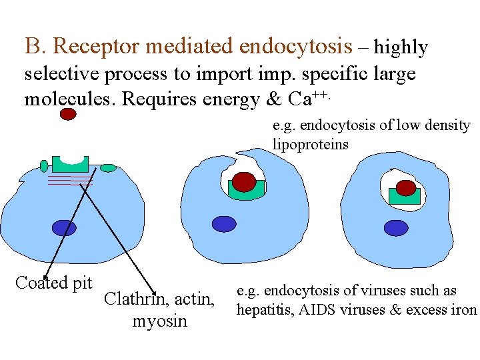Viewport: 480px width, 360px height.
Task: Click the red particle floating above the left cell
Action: coord(68,114)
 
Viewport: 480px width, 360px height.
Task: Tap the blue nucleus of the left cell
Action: coord(65,228)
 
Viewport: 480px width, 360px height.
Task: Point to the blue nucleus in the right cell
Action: coord(396,227)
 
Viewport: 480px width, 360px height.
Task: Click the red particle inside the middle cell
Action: coord(245,181)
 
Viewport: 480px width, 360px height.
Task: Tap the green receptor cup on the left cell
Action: coord(70,164)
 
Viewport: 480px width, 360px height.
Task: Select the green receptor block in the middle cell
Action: coord(246,191)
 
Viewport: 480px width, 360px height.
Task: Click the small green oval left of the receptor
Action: coord(44,165)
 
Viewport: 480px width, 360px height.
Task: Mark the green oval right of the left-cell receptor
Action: coord(108,168)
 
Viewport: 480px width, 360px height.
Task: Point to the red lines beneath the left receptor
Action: coord(69,181)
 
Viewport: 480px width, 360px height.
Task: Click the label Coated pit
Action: coord(53,283)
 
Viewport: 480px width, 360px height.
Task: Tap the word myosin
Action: coord(159,322)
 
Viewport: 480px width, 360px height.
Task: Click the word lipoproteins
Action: coord(310,145)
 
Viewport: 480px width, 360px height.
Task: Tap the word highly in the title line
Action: coord(401,47)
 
